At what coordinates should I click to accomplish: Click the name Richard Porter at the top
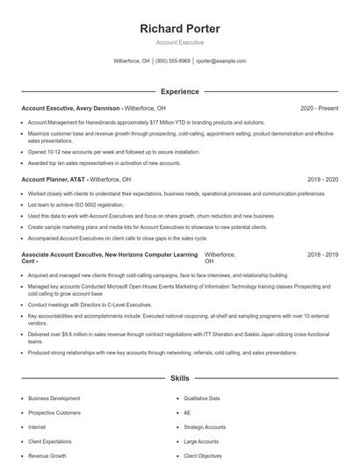pyautogui.click(x=180, y=29)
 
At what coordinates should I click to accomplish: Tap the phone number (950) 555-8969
pyautogui.click(x=173, y=61)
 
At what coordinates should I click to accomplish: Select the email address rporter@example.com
pyautogui.click(x=221, y=61)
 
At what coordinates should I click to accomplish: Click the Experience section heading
pyautogui.click(x=180, y=91)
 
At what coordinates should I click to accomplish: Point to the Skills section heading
pyautogui.click(x=180, y=378)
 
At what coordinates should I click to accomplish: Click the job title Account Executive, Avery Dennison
pyautogui.click(x=71, y=108)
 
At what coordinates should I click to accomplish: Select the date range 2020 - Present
pyautogui.click(x=319, y=108)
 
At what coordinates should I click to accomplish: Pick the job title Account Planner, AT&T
pyautogui.click(x=54, y=179)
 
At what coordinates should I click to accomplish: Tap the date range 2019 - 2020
pyautogui.click(x=323, y=179)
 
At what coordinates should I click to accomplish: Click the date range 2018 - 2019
pyautogui.click(x=323, y=254)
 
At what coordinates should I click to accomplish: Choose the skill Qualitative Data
pyautogui.click(x=202, y=397)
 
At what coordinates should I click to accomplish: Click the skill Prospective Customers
pyautogui.click(x=54, y=412)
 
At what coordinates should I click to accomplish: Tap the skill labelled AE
pyautogui.click(x=187, y=412)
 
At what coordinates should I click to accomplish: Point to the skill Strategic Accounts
pyautogui.click(x=205, y=427)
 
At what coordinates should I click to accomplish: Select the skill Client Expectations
pyautogui.click(x=51, y=442)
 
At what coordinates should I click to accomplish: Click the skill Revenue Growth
pyautogui.click(x=47, y=456)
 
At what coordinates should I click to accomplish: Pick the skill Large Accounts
pyautogui.click(x=201, y=442)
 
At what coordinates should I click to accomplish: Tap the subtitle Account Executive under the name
pyautogui.click(x=180, y=42)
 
